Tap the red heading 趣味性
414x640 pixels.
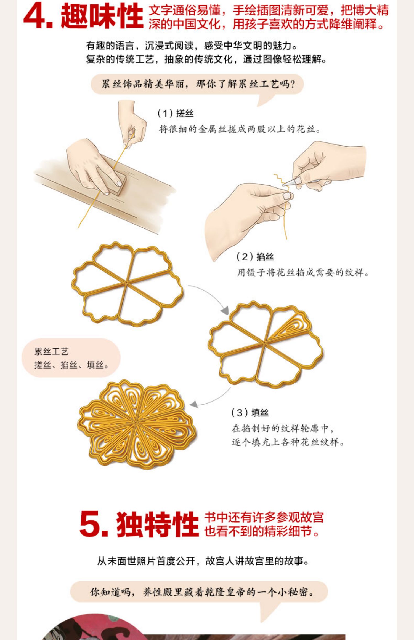click(102, 16)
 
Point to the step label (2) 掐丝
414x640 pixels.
click(255, 257)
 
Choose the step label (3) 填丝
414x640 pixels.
click(250, 413)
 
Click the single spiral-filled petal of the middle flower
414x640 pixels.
click(290, 327)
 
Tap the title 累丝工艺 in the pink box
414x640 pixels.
click(51, 351)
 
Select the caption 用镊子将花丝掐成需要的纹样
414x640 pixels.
click(303, 273)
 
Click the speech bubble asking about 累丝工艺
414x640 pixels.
click(197, 84)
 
